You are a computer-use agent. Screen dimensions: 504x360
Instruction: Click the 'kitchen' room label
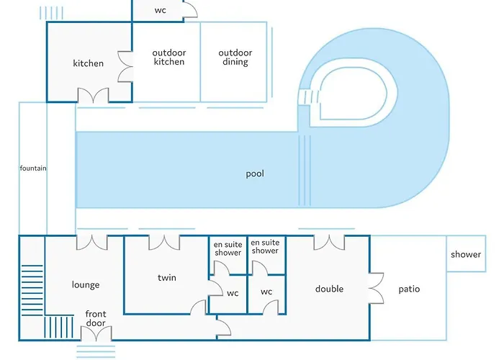point(88,63)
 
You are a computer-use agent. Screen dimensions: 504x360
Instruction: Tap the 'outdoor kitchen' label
point(169,57)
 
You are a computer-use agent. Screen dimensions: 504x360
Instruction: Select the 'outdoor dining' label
point(235,57)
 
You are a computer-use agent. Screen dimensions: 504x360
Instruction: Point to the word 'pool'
point(255,174)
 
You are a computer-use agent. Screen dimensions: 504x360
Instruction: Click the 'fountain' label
point(33,168)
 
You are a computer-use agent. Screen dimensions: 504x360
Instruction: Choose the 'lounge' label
point(86,285)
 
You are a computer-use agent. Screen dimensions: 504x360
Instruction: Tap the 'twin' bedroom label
point(167,277)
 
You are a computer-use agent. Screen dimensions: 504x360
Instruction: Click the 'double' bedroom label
point(329,289)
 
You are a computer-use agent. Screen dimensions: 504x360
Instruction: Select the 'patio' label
point(409,289)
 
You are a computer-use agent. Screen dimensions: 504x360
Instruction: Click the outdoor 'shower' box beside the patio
point(466,253)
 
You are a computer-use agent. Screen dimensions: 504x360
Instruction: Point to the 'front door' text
point(96,318)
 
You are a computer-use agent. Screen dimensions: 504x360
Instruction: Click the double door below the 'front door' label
point(96,333)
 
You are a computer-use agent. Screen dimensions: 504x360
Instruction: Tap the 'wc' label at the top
point(161,10)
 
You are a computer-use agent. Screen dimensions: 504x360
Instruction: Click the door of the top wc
point(190,9)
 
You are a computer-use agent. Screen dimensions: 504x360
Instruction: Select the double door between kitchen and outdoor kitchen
point(125,66)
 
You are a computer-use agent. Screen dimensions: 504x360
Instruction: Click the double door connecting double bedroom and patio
point(376,288)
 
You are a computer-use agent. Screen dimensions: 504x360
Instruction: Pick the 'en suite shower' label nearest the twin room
point(228,248)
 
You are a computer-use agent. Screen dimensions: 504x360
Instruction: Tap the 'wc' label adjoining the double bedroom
point(266,292)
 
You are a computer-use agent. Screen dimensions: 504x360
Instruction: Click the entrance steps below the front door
point(96,351)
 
